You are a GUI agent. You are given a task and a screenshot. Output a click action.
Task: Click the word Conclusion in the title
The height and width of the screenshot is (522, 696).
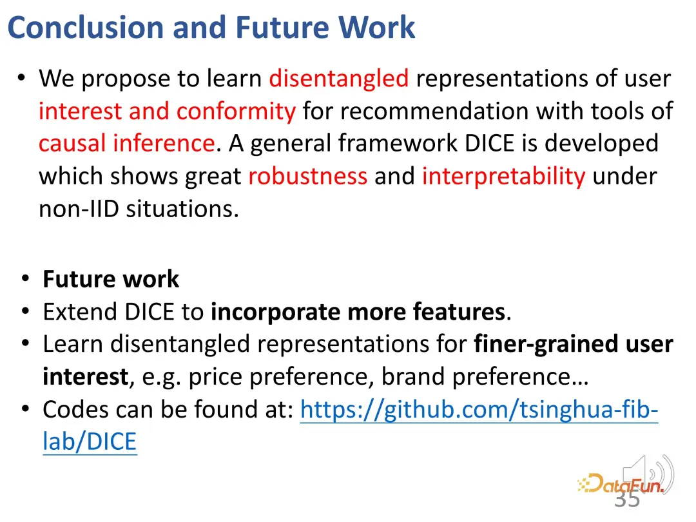86,28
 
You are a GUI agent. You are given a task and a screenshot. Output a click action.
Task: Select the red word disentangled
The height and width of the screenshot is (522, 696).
339,79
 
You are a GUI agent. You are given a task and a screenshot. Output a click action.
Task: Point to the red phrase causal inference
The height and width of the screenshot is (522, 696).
127,143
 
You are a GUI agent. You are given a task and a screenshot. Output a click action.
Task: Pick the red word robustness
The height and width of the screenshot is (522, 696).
307,176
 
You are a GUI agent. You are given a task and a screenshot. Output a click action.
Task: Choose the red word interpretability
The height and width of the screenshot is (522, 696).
503,177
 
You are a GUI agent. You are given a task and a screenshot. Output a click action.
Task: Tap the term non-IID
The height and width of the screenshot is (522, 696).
79,209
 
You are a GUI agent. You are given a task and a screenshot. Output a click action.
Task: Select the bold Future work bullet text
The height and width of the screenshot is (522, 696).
111,279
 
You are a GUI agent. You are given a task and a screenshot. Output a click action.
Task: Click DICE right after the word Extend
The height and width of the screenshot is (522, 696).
149,312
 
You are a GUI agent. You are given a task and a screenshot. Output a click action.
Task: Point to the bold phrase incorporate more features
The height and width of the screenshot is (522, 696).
358,312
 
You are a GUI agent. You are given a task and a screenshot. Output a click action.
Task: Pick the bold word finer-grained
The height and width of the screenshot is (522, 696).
546,344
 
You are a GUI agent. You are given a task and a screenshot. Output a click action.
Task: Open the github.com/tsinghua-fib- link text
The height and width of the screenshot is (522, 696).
479,410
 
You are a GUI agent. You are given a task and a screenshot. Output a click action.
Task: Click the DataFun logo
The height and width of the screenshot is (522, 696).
621,484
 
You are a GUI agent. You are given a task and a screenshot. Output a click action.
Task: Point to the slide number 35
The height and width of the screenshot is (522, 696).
627,498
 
